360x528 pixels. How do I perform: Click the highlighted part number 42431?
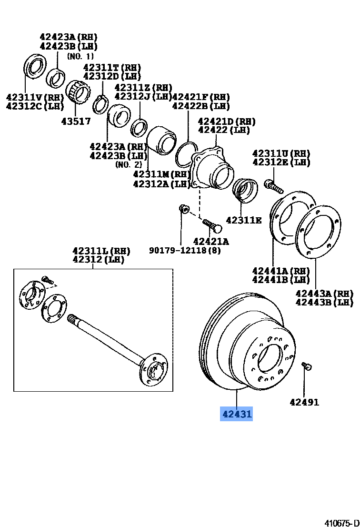coord(236,414)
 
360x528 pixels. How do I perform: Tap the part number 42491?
coord(304,402)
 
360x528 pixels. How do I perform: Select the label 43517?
coord(76,121)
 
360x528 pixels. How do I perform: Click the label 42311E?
coord(243,220)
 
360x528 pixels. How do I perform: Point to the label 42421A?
coord(210,242)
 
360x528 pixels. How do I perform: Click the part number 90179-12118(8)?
coord(185,250)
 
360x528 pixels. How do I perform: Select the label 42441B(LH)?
coord(281,280)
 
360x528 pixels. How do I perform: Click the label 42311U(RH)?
coord(281,153)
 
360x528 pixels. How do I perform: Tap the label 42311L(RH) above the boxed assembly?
coord(101,251)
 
